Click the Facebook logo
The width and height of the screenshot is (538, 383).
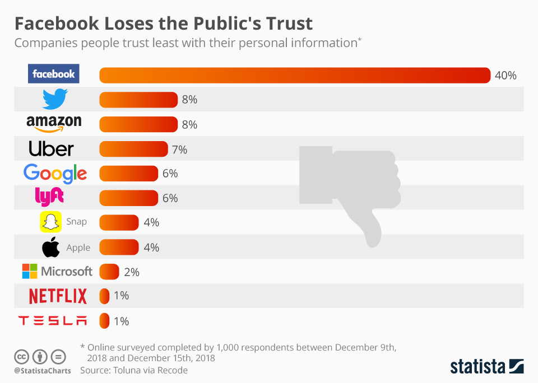coord(53,74)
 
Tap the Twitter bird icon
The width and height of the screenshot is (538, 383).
coord(55,99)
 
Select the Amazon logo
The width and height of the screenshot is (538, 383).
coord(54,124)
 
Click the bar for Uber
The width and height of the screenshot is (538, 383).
coord(133,149)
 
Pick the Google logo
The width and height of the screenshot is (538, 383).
coord(55,174)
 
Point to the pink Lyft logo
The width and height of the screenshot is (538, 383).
coord(49,197)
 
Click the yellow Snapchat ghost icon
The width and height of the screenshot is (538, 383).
coord(50,222)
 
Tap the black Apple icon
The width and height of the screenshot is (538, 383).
coord(51,247)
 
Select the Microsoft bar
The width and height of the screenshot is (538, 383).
coord(109,272)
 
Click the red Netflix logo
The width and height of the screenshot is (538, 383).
coord(58,296)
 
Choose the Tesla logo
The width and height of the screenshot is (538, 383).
coord(53,321)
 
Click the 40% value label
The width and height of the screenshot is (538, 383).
coord(505,76)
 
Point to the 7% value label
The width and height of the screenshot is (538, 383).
coord(179,150)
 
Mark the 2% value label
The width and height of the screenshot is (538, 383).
coord(131,272)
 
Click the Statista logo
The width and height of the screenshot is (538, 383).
coord(486,367)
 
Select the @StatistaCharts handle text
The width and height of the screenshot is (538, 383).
coord(42,371)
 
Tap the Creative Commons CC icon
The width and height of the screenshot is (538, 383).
coord(21,356)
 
